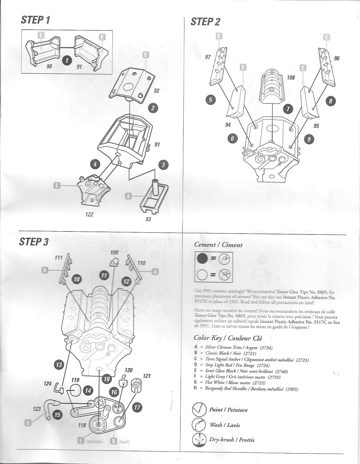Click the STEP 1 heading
pos(36,20)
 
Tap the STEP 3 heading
pos(34,242)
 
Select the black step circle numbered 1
pos(67,60)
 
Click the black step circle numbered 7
pos(288,109)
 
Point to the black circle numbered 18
pos(106,379)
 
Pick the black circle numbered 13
pos(58,365)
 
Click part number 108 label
pos(291,78)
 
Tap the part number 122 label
pos(89,215)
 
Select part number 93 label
pos(148,219)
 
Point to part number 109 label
pos(114,252)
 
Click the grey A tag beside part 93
pos(128,196)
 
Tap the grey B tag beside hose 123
pos(28,423)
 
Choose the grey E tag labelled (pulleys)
pos(81,440)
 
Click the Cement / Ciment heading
pos(218,245)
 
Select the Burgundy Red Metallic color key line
pos(246,389)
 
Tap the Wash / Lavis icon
pos(200,425)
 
